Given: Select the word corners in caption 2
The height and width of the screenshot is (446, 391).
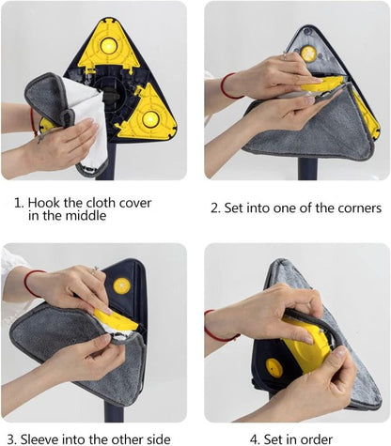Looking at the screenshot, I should (353, 207).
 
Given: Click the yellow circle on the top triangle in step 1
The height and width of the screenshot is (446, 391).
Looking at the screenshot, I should (108, 44).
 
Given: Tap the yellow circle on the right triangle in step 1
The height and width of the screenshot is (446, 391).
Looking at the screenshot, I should (149, 118).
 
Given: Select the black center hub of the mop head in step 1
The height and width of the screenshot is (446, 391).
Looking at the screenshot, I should (106, 95).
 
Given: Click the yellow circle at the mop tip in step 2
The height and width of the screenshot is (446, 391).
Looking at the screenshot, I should (308, 54).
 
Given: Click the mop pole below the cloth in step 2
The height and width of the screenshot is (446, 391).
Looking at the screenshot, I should (306, 168).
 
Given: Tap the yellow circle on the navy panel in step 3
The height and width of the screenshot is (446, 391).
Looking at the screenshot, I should (121, 285).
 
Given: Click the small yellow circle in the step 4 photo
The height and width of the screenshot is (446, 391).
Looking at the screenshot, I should (274, 367).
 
